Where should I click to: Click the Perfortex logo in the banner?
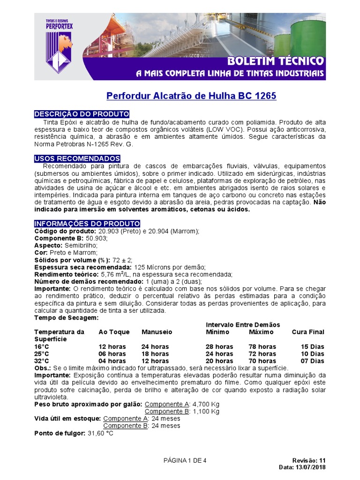[59, 47]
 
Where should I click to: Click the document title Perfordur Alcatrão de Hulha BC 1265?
[191, 96]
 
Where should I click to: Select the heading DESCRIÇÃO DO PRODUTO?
[82, 114]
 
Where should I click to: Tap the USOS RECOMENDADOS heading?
[77, 158]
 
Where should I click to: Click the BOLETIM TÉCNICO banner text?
[275, 61]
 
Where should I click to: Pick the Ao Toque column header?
[114, 332]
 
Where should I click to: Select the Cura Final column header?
[308, 332]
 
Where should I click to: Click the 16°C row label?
[42, 347]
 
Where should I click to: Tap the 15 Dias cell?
[312, 347]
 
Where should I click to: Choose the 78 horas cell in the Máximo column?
[262, 347]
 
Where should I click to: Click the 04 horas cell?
[112, 361]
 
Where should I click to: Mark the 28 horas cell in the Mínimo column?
[219, 347]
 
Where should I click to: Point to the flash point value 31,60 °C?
[100, 433]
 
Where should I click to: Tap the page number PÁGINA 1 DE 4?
[185, 460]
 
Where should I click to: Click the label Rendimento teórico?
[65, 274]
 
